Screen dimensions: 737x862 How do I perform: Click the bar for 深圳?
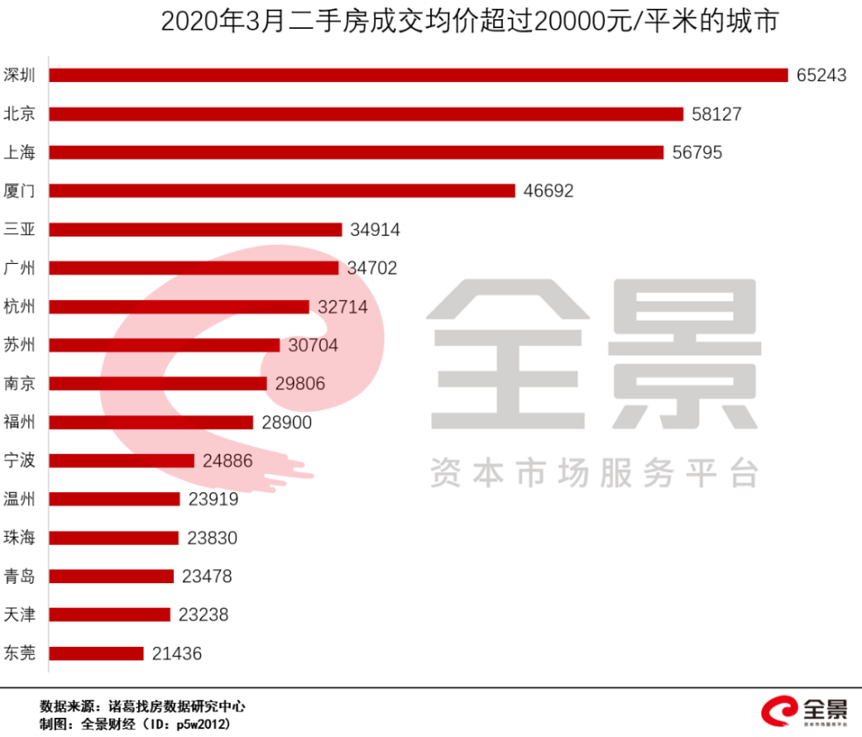click(x=419, y=75)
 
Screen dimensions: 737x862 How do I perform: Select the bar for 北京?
click(x=366, y=114)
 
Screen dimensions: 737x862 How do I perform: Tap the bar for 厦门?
click(x=282, y=191)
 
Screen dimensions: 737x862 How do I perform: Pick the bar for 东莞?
click(x=96, y=653)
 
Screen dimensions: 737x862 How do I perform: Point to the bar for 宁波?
click(x=122, y=461)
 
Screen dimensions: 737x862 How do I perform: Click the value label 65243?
click(x=822, y=75)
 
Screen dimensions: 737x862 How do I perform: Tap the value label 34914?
click(x=375, y=230)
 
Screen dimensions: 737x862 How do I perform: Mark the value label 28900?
click(x=287, y=422)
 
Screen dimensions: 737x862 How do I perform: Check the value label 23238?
click(x=203, y=615)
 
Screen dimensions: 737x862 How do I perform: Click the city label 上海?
click(x=19, y=152)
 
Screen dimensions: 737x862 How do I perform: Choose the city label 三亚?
click(x=19, y=230)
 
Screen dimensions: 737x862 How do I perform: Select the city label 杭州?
click(x=19, y=307)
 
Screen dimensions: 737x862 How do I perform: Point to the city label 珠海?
click(x=19, y=538)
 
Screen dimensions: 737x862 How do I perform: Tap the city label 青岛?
click(x=19, y=576)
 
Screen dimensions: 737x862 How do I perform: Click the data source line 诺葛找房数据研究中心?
click(x=175, y=706)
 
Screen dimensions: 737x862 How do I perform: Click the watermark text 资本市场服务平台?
click(x=594, y=474)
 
